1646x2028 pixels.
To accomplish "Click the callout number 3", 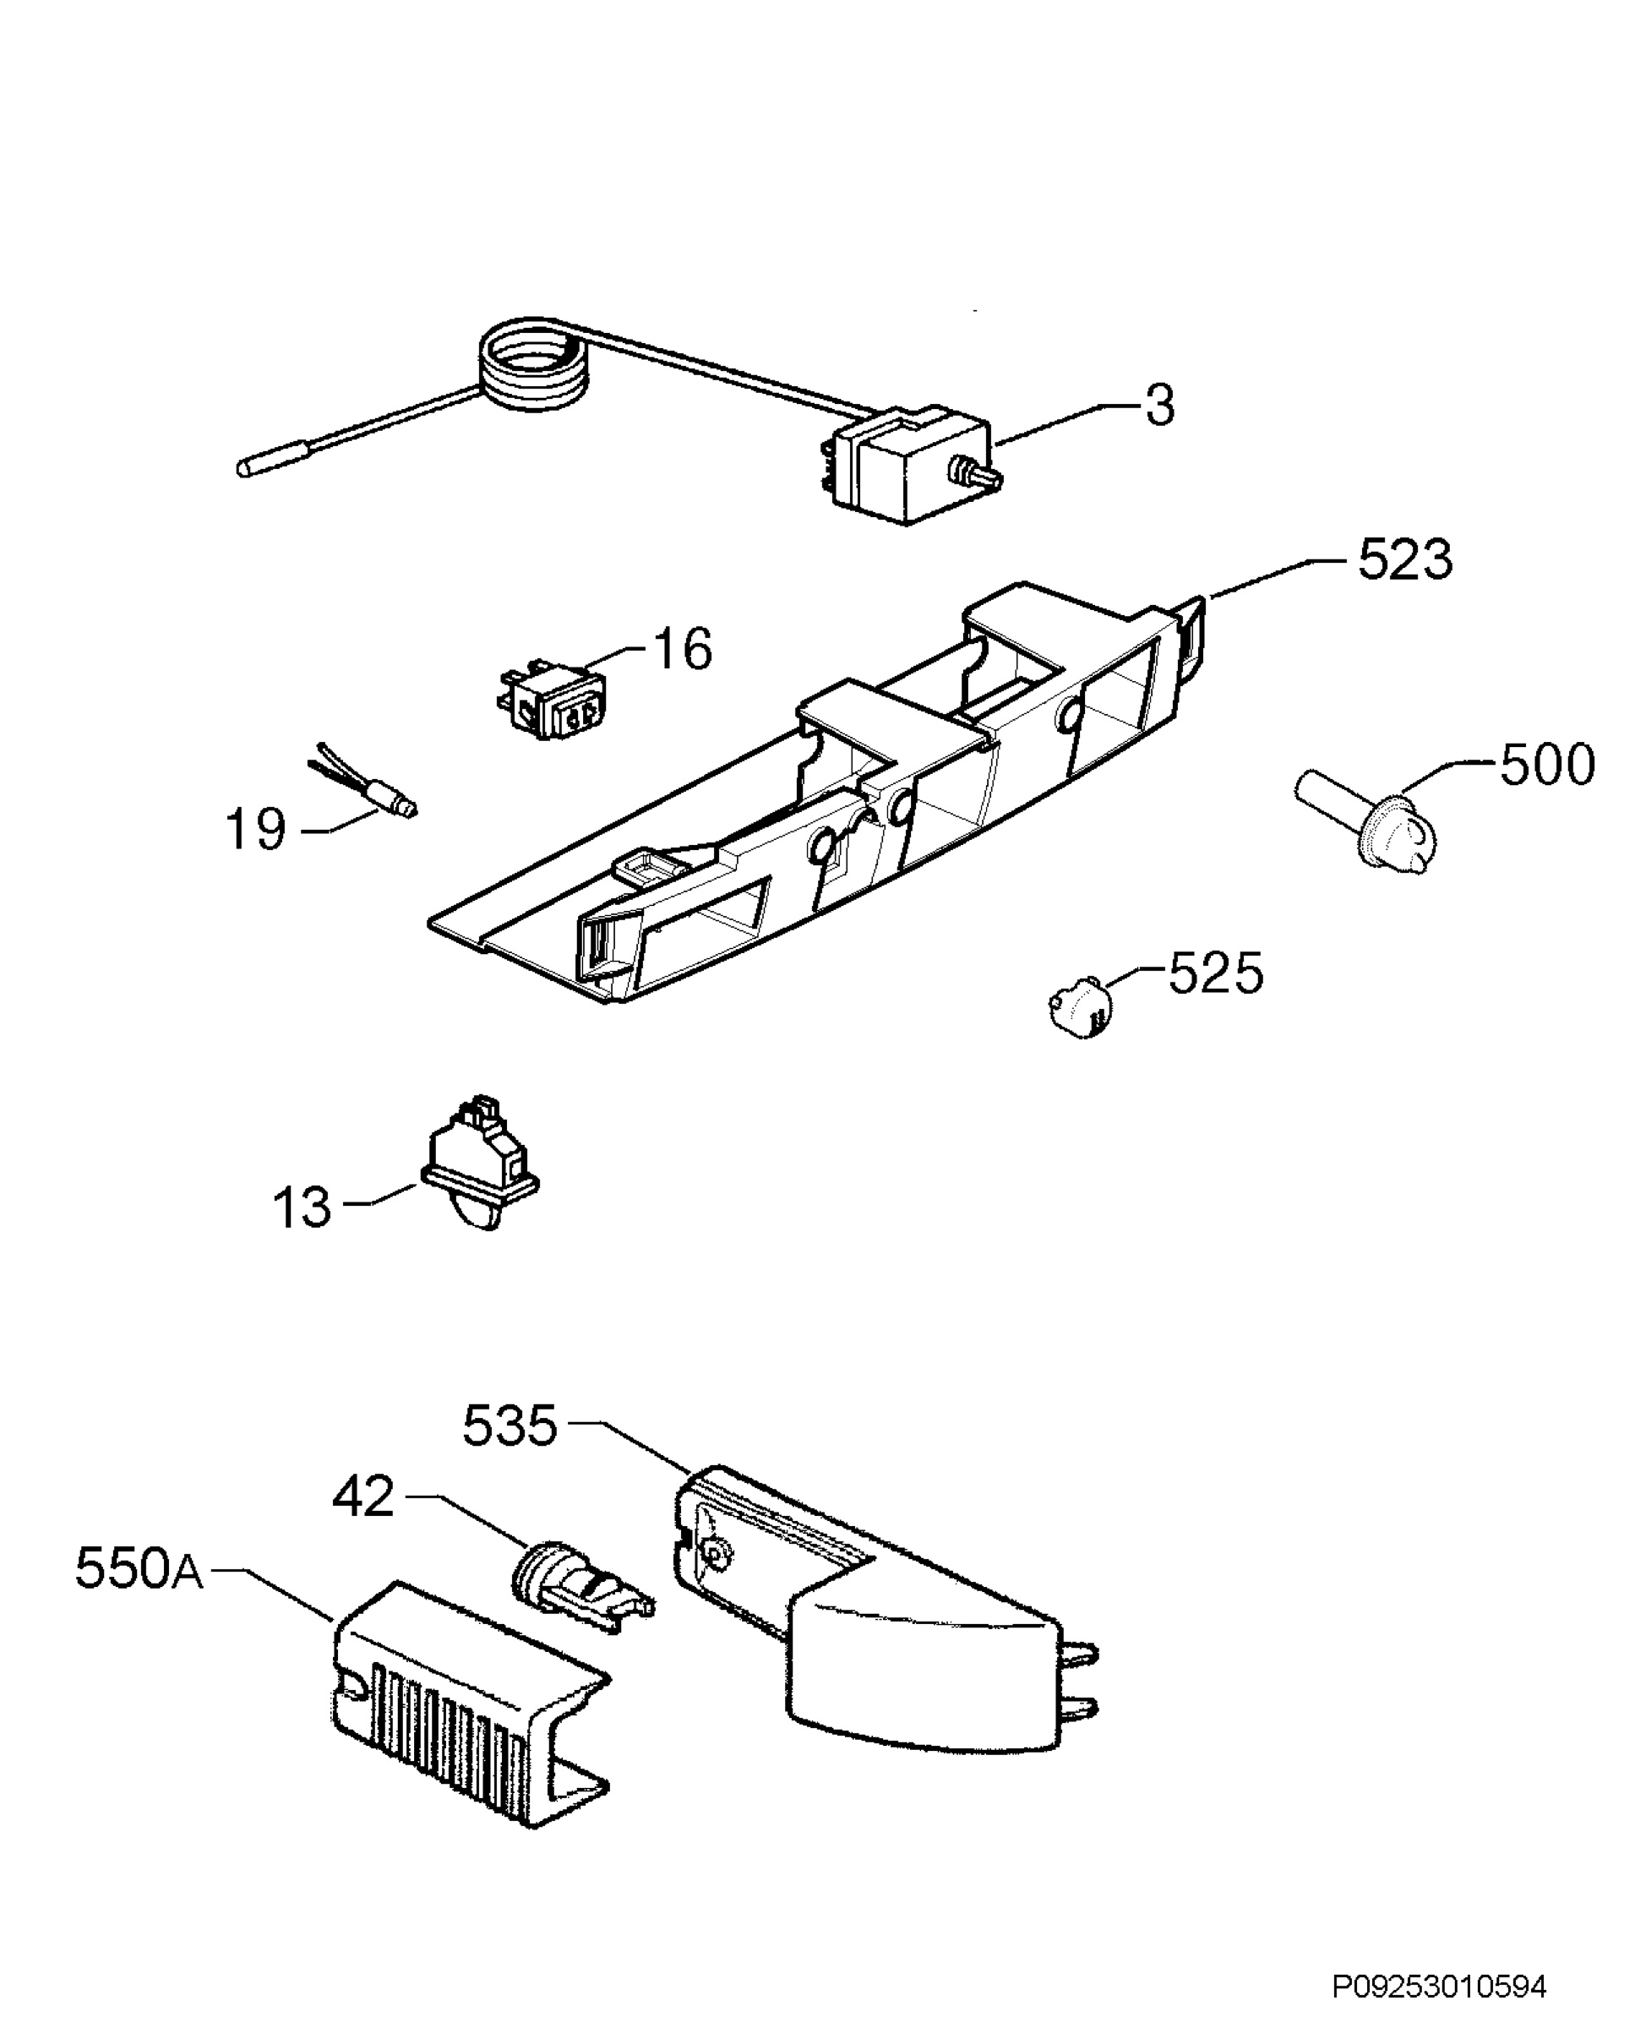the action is coord(1158,405).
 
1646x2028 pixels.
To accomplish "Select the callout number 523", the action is coord(1404,559).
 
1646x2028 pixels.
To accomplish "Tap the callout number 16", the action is coord(682,650).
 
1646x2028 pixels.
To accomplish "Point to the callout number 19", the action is coord(255,830).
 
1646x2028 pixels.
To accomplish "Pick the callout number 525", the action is coord(1217,973).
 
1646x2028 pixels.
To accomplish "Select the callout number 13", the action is coord(302,1208).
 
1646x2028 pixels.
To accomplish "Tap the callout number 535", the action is coord(510,1426).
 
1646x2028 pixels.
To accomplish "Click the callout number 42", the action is coord(363,1497).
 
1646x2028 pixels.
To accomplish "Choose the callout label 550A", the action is coord(139,1568).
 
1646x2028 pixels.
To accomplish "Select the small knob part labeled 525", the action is coord(1079,1004).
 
